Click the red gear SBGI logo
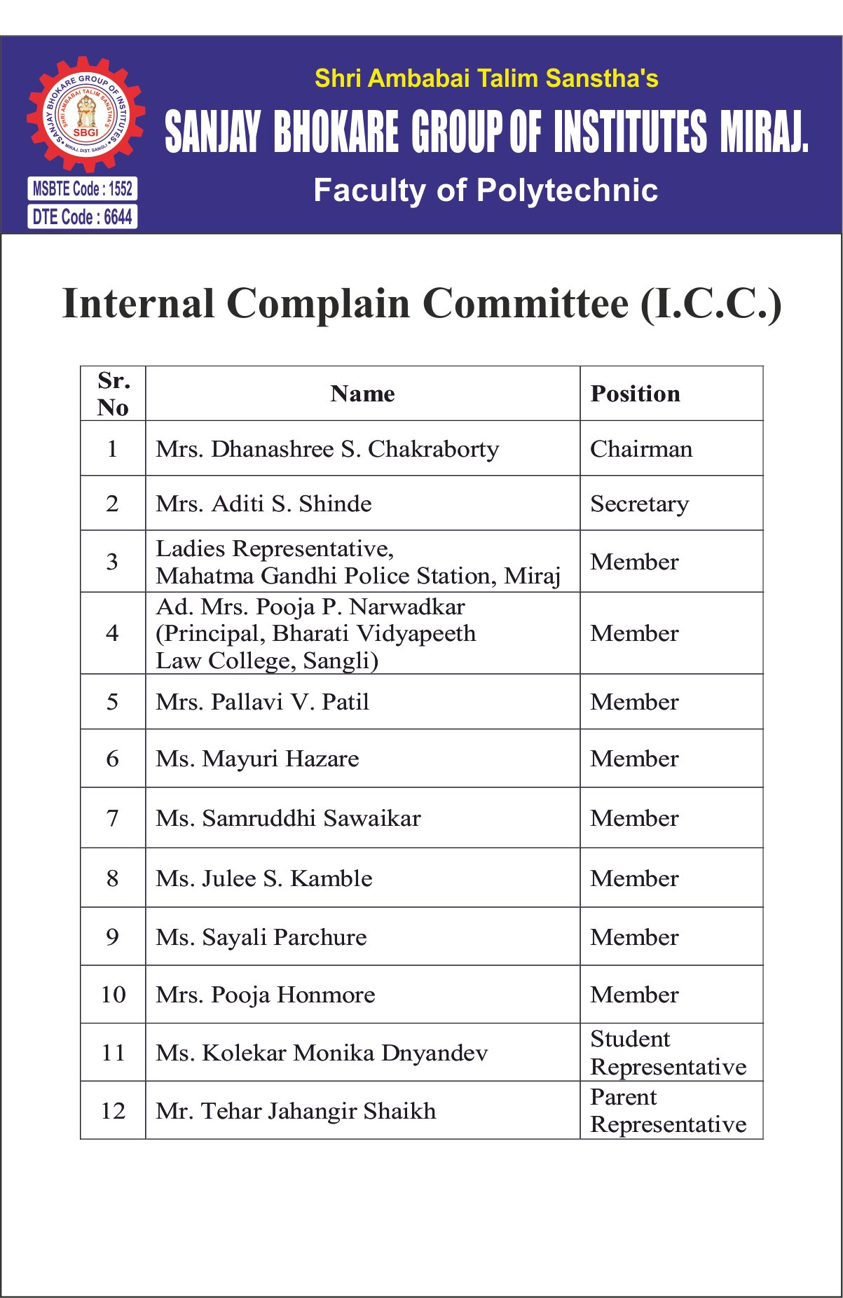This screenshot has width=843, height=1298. click(85, 115)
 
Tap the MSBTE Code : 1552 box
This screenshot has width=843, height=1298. click(83, 188)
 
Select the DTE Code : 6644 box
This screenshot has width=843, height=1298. click(83, 217)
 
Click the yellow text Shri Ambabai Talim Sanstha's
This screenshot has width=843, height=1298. click(486, 78)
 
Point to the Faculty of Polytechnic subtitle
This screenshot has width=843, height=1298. click(486, 191)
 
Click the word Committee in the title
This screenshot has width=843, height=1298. click(526, 304)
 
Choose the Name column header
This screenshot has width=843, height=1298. click(362, 394)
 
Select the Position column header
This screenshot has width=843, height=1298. click(635, 394)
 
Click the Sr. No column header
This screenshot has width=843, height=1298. click(113, 394)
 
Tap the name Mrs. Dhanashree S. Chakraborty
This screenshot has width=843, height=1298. click(327, 449)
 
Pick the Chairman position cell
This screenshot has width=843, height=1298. click(641, 449)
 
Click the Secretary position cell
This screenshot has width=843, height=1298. click(639, 504)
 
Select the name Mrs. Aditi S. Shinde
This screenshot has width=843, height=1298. click(263, 504)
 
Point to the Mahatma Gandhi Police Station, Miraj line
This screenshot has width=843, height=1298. click(358, 576)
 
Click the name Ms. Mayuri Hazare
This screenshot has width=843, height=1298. click(257, 759)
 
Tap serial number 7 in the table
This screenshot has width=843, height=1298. click(112, 818)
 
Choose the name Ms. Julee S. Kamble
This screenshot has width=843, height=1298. click(264, 878)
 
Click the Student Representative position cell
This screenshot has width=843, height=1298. click(668, 1053)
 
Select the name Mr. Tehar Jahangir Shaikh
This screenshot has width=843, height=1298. click(296, 1111)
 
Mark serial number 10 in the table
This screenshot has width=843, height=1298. click(113, 995)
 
